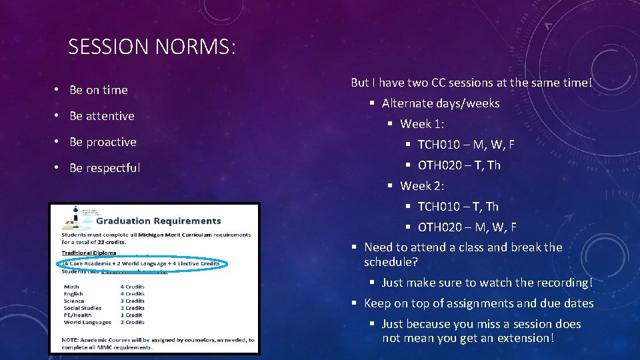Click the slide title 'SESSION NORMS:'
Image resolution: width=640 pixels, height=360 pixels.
click(x=152, y=47)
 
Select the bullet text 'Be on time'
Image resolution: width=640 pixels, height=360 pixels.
click(x=98, y=90)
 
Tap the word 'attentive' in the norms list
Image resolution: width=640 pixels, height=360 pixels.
click(x=110, y=116)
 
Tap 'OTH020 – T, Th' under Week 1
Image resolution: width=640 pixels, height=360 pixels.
click(x=459, y=165)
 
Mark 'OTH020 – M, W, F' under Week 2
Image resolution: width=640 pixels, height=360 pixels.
click(x=467, y=227)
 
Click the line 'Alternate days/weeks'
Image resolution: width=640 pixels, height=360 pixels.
click(x=440, y=103)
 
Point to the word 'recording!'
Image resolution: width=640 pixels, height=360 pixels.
click(x=565, y=283)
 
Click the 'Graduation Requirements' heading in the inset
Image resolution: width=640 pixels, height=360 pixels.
click(x=168, y=221)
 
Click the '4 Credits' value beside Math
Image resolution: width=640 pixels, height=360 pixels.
click(x=132, y=287)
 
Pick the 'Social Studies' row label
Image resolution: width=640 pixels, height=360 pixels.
click(x=82, y=308)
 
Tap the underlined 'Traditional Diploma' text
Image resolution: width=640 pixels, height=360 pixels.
click(x=89, y=253)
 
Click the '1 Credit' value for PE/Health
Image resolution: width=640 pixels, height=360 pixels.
click(x=131, y=315)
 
